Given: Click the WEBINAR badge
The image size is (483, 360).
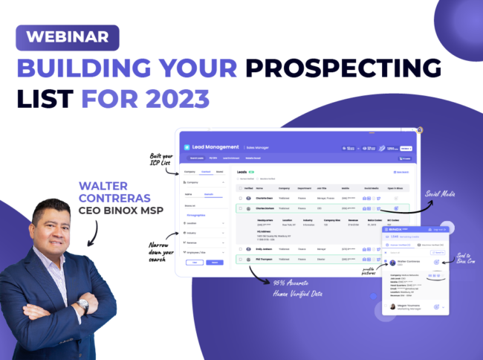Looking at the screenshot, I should (x=68, y=36).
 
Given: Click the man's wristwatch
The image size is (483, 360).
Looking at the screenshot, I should (x=83, y=306).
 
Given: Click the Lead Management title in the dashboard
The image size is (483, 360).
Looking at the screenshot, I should (x=215, y=147).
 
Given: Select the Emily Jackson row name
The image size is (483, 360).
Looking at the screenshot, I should (x=265, y=249).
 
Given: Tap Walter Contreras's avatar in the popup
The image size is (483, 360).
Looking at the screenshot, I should (x=392, y=262).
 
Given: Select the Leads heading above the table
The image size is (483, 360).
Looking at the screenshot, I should (x=241, y=172).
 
